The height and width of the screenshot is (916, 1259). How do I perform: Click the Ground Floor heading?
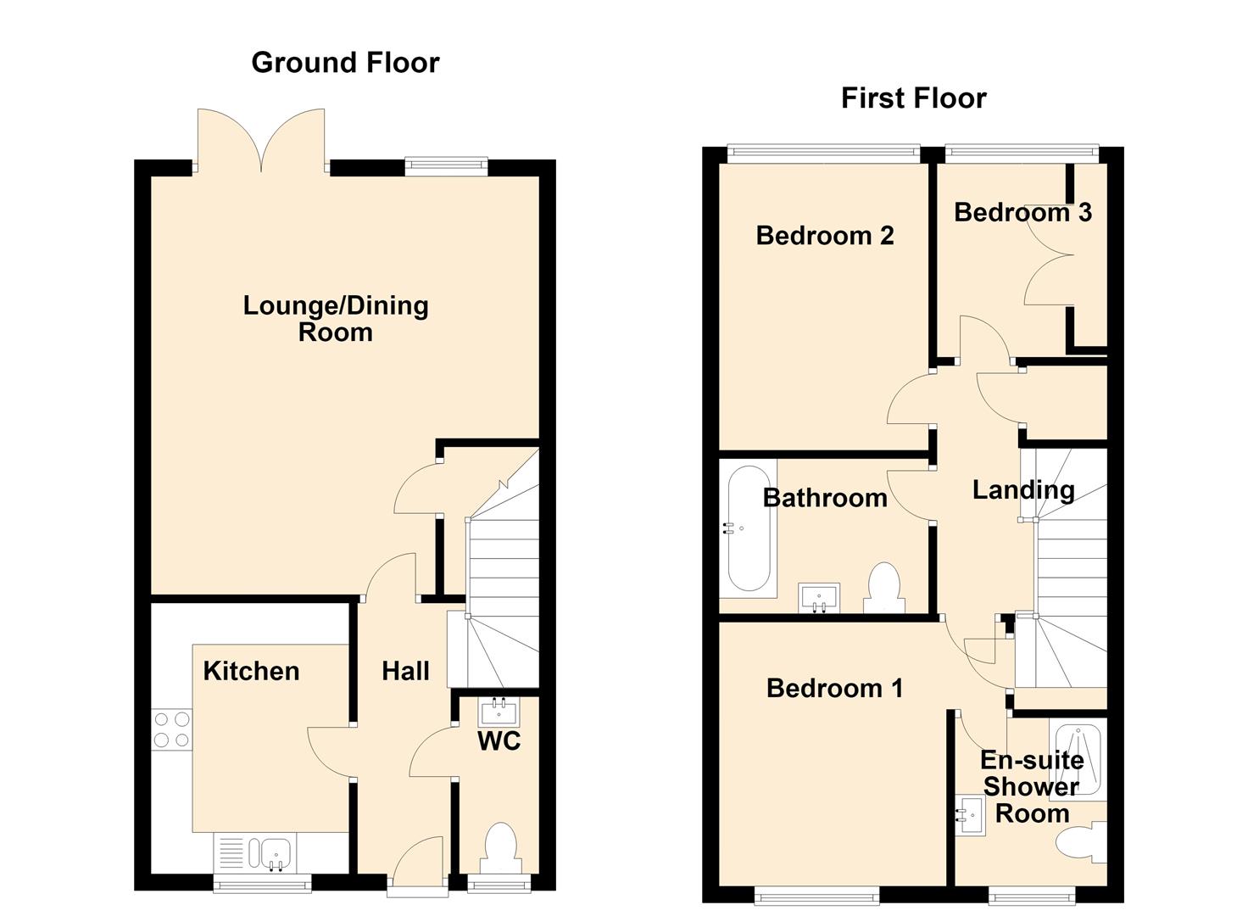(345, 63)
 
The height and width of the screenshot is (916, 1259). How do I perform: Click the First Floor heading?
(913, 98)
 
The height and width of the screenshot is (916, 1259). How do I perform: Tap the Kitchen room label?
(251, 671)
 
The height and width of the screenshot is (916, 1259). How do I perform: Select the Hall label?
(405, 671)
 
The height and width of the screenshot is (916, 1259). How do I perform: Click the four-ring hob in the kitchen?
(171, 730)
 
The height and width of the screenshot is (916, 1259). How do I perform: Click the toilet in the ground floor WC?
(501, 848)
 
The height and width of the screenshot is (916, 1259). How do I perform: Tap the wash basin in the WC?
(499, 712)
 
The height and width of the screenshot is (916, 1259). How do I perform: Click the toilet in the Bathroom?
(884, 588)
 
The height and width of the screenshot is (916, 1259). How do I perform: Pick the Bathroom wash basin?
(818, 597)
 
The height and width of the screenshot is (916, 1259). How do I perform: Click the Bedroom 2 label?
(825, 235)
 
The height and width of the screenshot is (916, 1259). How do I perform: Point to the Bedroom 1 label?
(834, 688)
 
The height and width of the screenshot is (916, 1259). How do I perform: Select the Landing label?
(1023, 490)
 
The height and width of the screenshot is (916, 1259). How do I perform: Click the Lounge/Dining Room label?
(336, 319)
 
